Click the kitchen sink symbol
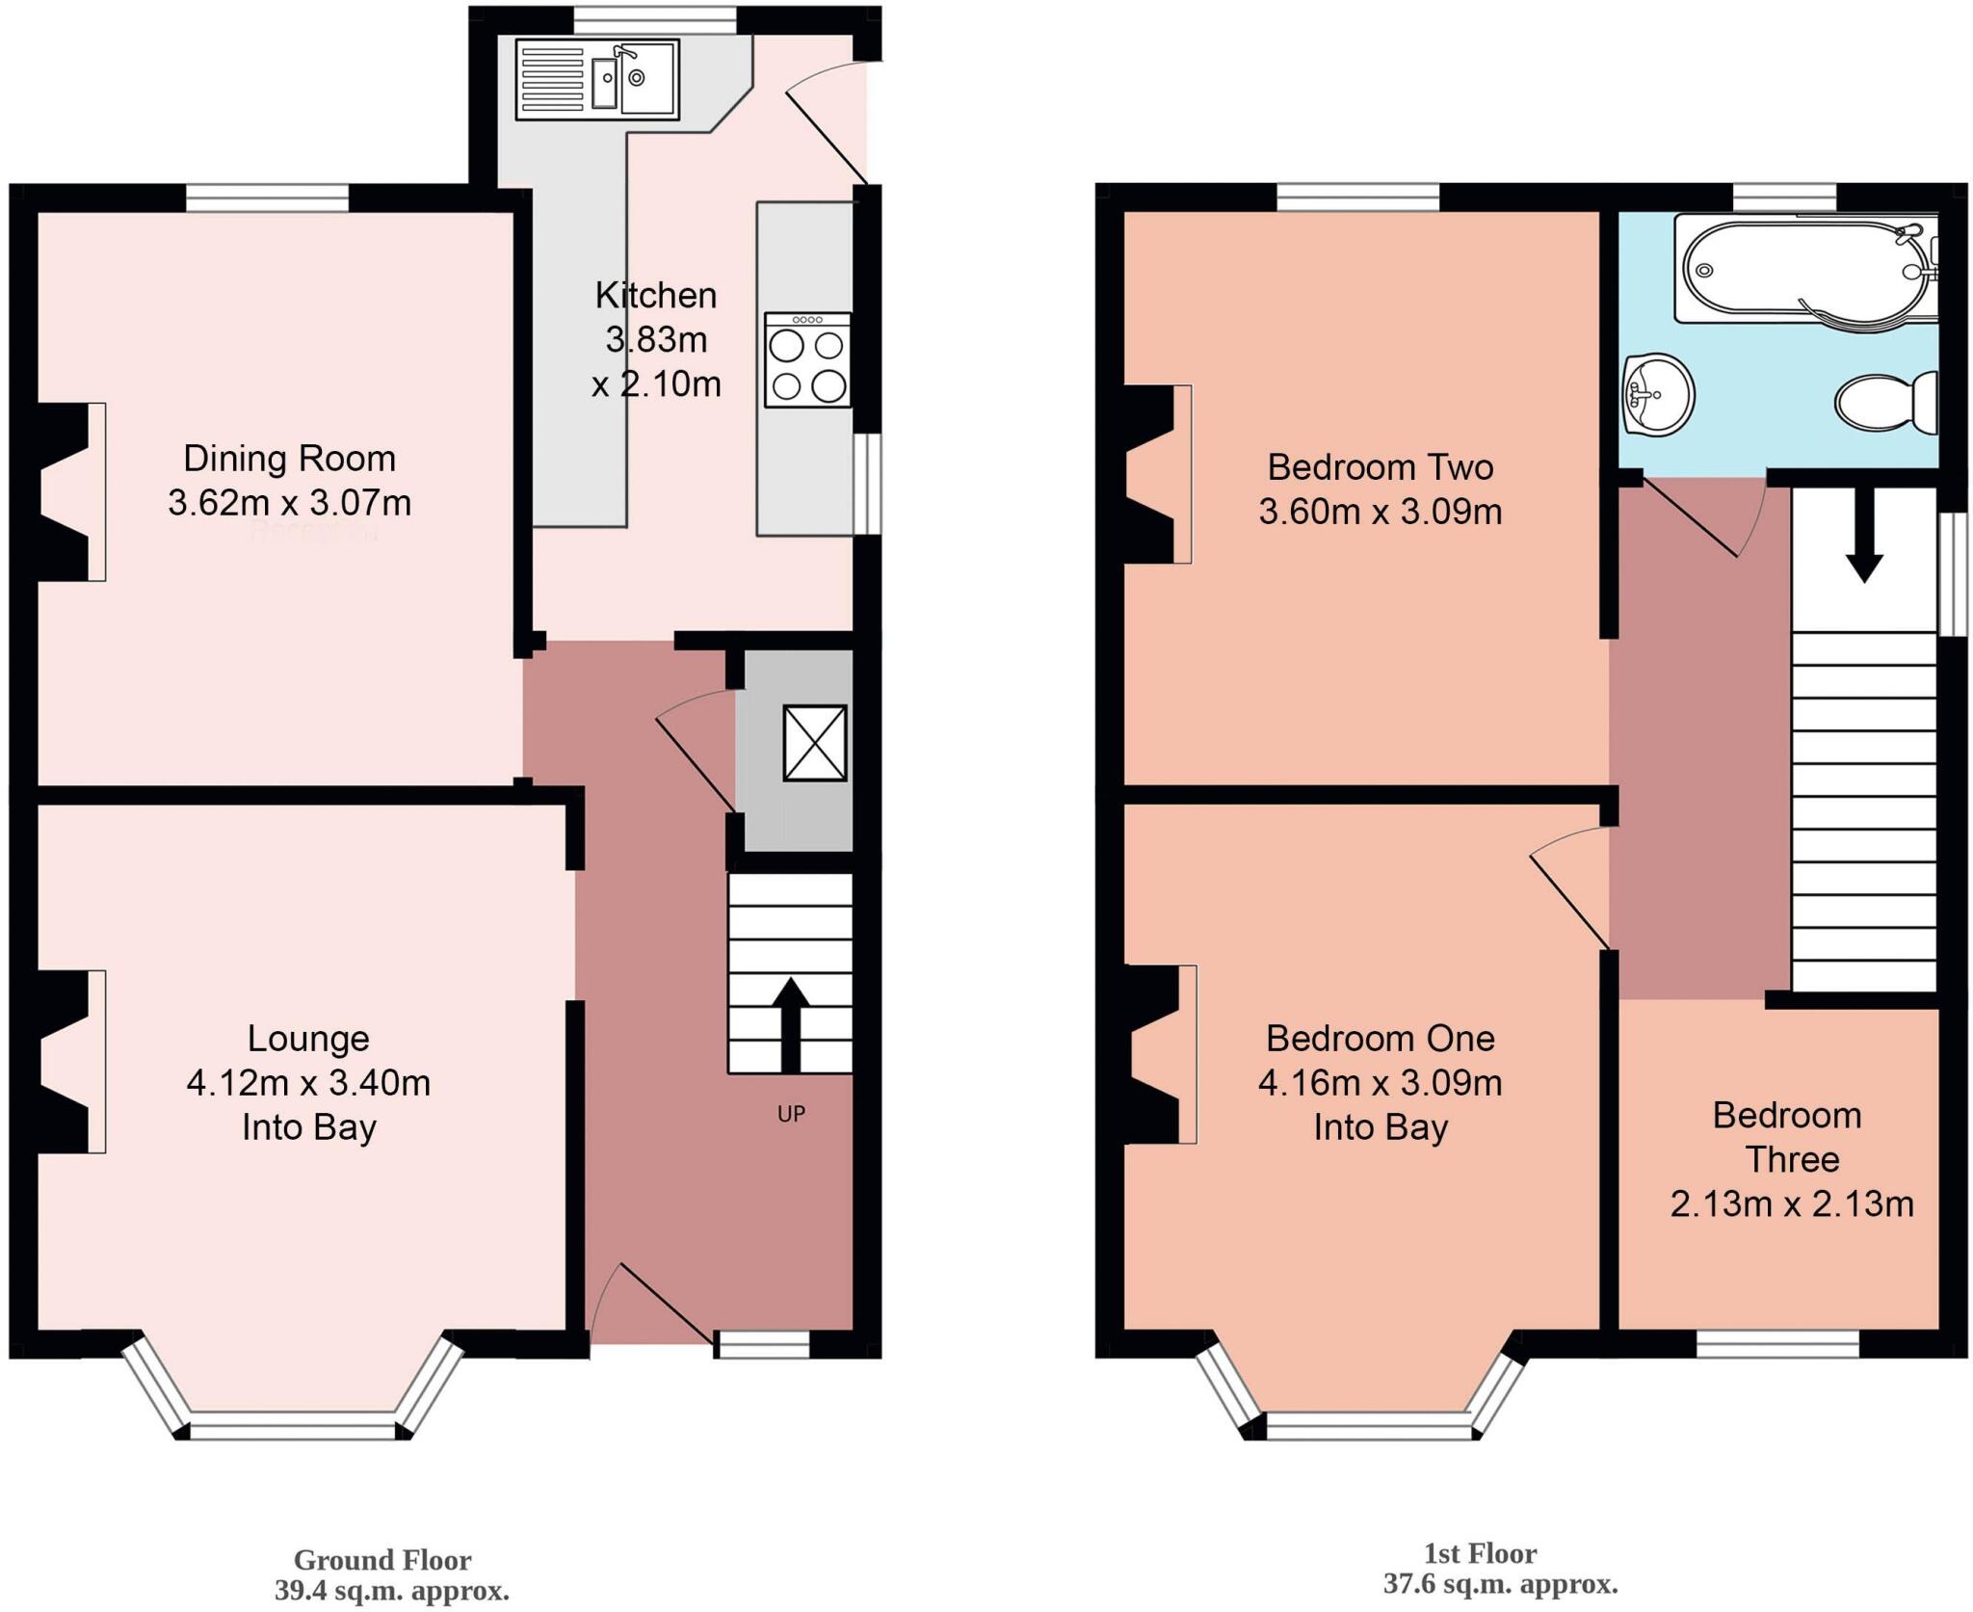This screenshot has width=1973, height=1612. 597,79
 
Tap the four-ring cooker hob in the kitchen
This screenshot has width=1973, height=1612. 807,360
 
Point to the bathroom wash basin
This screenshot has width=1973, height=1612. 1658,394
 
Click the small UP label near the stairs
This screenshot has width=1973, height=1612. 791,1115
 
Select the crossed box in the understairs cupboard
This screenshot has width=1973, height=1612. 815,743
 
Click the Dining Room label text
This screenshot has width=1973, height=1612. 289,459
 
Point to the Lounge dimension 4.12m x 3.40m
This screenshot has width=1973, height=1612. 308,1083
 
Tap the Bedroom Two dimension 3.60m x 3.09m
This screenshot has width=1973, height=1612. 1380,512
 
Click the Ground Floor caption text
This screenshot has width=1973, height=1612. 382,1559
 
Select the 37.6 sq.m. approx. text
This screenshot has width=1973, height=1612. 1500,1584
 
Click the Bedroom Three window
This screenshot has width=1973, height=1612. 1777,1343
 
